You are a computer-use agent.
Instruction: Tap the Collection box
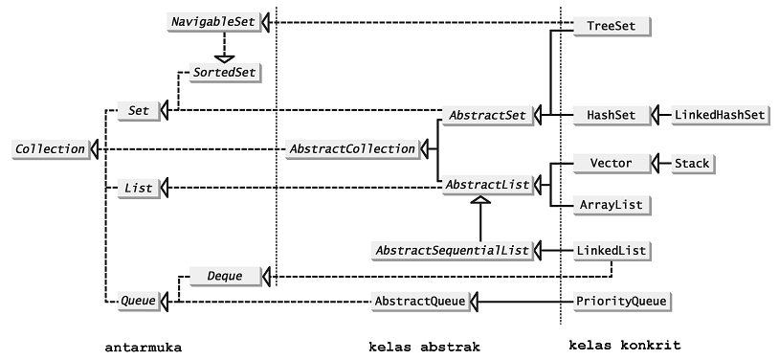[50, 148]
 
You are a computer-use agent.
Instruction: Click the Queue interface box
[137, 302]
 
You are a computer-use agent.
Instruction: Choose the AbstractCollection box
[352, 148]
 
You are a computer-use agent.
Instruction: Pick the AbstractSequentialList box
[451, 251]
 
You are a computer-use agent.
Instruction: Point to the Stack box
[692, 164]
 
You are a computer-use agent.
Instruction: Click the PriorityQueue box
[620, 302]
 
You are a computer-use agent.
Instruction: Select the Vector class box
[611, 164]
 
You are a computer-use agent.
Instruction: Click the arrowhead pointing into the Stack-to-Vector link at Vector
[656, 164]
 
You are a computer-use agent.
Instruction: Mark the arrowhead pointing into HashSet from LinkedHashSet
[656, 115]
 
